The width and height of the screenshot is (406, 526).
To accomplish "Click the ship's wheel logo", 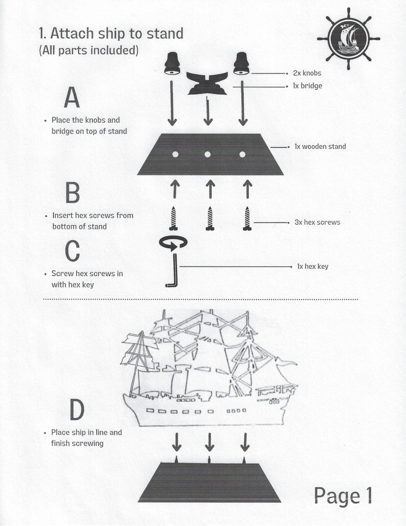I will coord(349,39).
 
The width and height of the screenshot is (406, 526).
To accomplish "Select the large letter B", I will coord(73,193).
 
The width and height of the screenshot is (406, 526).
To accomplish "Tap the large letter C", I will coord(73,251).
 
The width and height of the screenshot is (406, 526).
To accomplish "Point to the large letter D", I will coord(77,410).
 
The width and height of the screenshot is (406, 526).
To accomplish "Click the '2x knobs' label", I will coord(307,73).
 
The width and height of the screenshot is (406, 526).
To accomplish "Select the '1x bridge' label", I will coord(307,86).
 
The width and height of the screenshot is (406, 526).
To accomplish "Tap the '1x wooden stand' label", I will coord(320,147).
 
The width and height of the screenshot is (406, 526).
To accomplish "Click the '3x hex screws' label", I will coord(317,222).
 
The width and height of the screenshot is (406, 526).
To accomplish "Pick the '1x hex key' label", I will coord(312,267).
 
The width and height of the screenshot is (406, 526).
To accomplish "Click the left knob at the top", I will coord(172,64).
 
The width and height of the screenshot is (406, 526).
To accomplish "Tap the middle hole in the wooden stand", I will coord(208,155).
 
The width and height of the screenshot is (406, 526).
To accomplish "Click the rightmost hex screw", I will coord(247,218).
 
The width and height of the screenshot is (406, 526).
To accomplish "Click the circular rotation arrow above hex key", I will coord(173,243).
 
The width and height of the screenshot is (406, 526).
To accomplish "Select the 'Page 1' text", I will coord(343,496).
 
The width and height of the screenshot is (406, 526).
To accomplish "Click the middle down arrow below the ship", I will coord(210,442).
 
